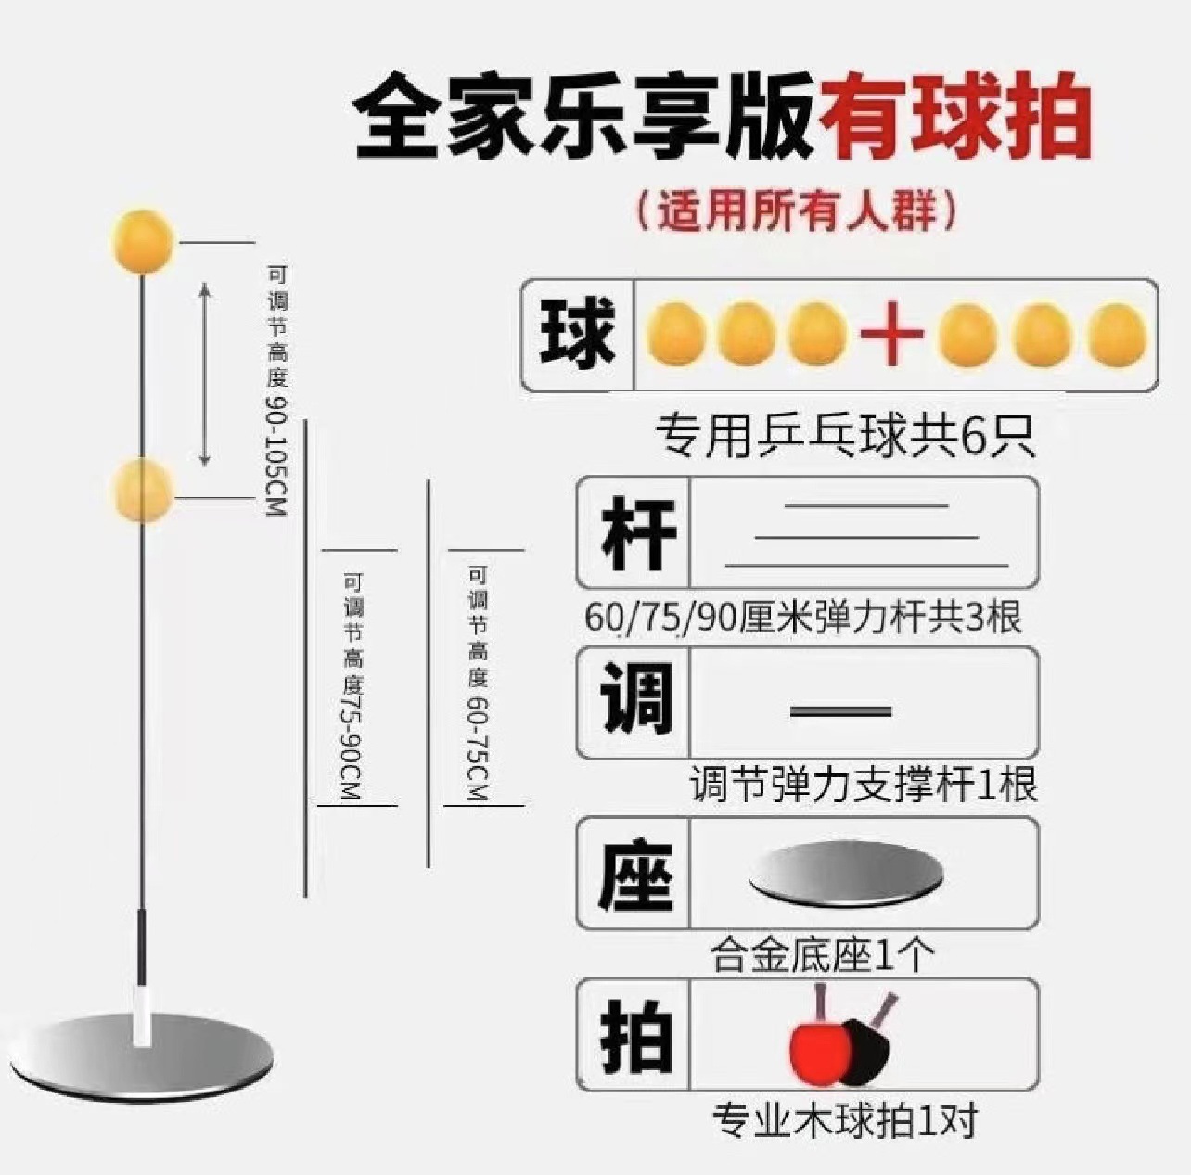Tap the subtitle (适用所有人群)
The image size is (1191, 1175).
[x=796, y=212]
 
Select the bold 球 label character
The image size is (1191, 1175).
[x=578, y=334]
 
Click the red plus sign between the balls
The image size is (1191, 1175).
[x=891, y=334]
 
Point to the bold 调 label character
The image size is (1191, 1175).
[x=635, y=701]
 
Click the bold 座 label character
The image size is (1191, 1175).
[x=635, y=873]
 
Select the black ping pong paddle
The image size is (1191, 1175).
[x=872, y=1043]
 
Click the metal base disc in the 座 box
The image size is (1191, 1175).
[x=845, y=873]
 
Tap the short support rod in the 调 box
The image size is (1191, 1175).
[x=840, y=711]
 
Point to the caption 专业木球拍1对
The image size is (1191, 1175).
[x=845, y=1120]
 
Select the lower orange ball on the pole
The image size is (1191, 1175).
[x=143, y=489]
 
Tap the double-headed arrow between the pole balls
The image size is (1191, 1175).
[x=206, y=375]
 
